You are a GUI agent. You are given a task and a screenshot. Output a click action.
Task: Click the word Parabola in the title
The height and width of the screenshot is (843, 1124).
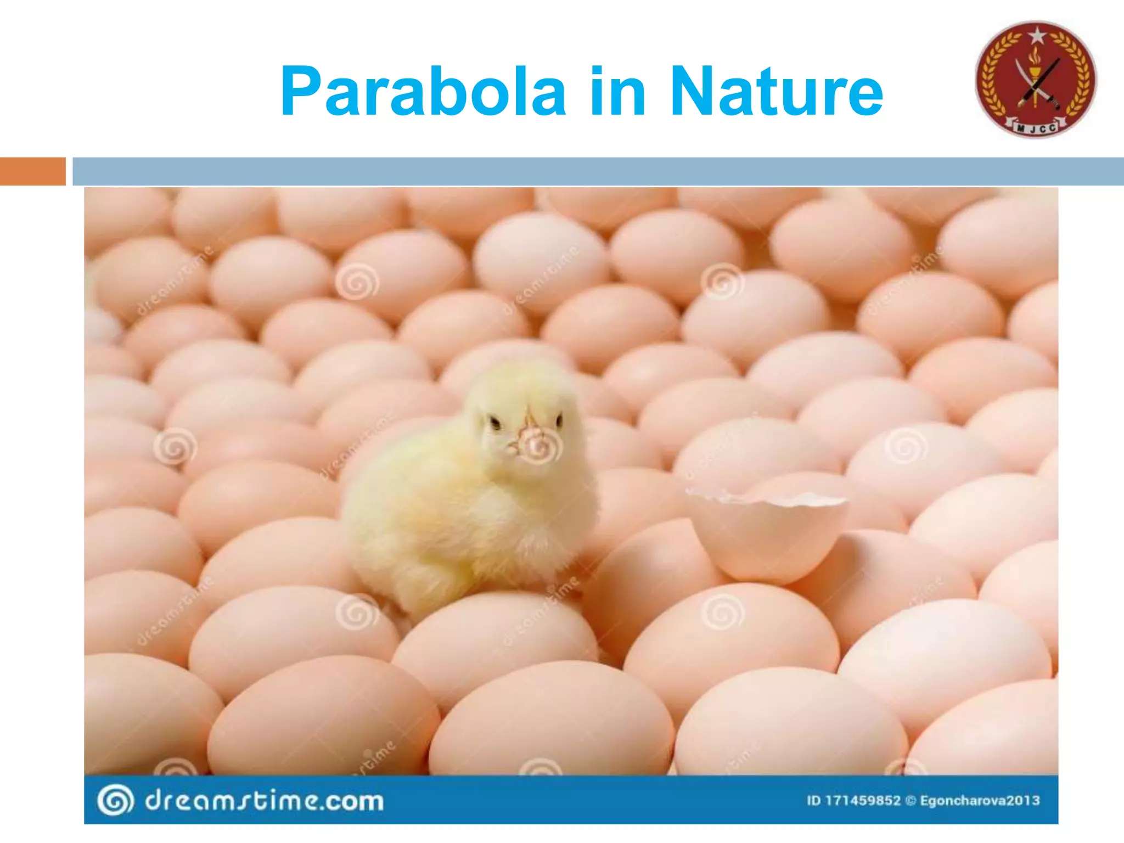pos(423,92)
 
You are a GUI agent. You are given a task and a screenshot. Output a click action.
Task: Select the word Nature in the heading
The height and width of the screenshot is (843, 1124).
pos(776,92)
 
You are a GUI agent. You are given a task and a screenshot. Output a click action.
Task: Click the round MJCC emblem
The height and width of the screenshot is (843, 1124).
pos(1036,80)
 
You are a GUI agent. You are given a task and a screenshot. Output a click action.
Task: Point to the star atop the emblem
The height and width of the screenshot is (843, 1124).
pos(1037,36)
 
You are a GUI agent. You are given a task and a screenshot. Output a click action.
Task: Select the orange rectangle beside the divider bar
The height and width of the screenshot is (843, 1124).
pos(32,171)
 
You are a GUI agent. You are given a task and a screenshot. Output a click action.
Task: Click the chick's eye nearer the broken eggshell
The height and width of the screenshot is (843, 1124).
pos(559,421)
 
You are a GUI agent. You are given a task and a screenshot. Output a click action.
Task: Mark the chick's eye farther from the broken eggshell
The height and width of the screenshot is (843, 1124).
pos(496,423)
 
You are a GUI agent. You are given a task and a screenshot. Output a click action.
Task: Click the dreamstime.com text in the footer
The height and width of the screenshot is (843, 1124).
pos(264,801)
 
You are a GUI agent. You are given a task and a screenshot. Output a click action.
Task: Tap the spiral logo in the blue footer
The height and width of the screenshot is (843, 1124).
pos(115,800)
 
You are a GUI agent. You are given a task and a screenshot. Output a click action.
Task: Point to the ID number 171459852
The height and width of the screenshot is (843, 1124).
pos(863,801)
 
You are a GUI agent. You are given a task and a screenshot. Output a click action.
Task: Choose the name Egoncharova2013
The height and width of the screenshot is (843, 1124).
pos(980,801)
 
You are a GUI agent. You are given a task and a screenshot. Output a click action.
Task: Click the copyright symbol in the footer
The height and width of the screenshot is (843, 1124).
pos(911,801)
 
